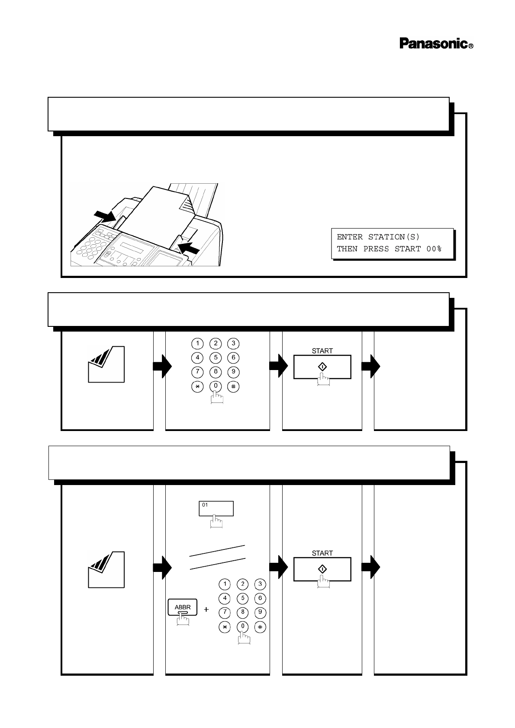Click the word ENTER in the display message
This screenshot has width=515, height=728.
(x=350, y=237)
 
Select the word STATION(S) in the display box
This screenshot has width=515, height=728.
(x=394, y=237)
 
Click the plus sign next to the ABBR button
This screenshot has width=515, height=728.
(x=206, y=610)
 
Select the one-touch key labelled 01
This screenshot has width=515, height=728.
(x=216, y=508)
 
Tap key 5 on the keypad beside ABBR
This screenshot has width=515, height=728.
(x=242, y=598)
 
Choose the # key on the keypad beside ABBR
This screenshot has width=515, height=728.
(x=260, y=626)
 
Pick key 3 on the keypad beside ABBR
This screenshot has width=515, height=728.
(x=260, y=584)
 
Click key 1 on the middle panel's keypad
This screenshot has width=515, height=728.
(x=197, y=344)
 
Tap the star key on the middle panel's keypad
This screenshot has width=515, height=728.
(x=197, y=386)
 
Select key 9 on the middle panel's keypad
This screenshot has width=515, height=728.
(x=233, y=372)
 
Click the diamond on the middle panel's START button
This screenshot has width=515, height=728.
(x=322, y=367)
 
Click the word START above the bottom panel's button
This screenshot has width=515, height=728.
(x=322, y=553)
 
